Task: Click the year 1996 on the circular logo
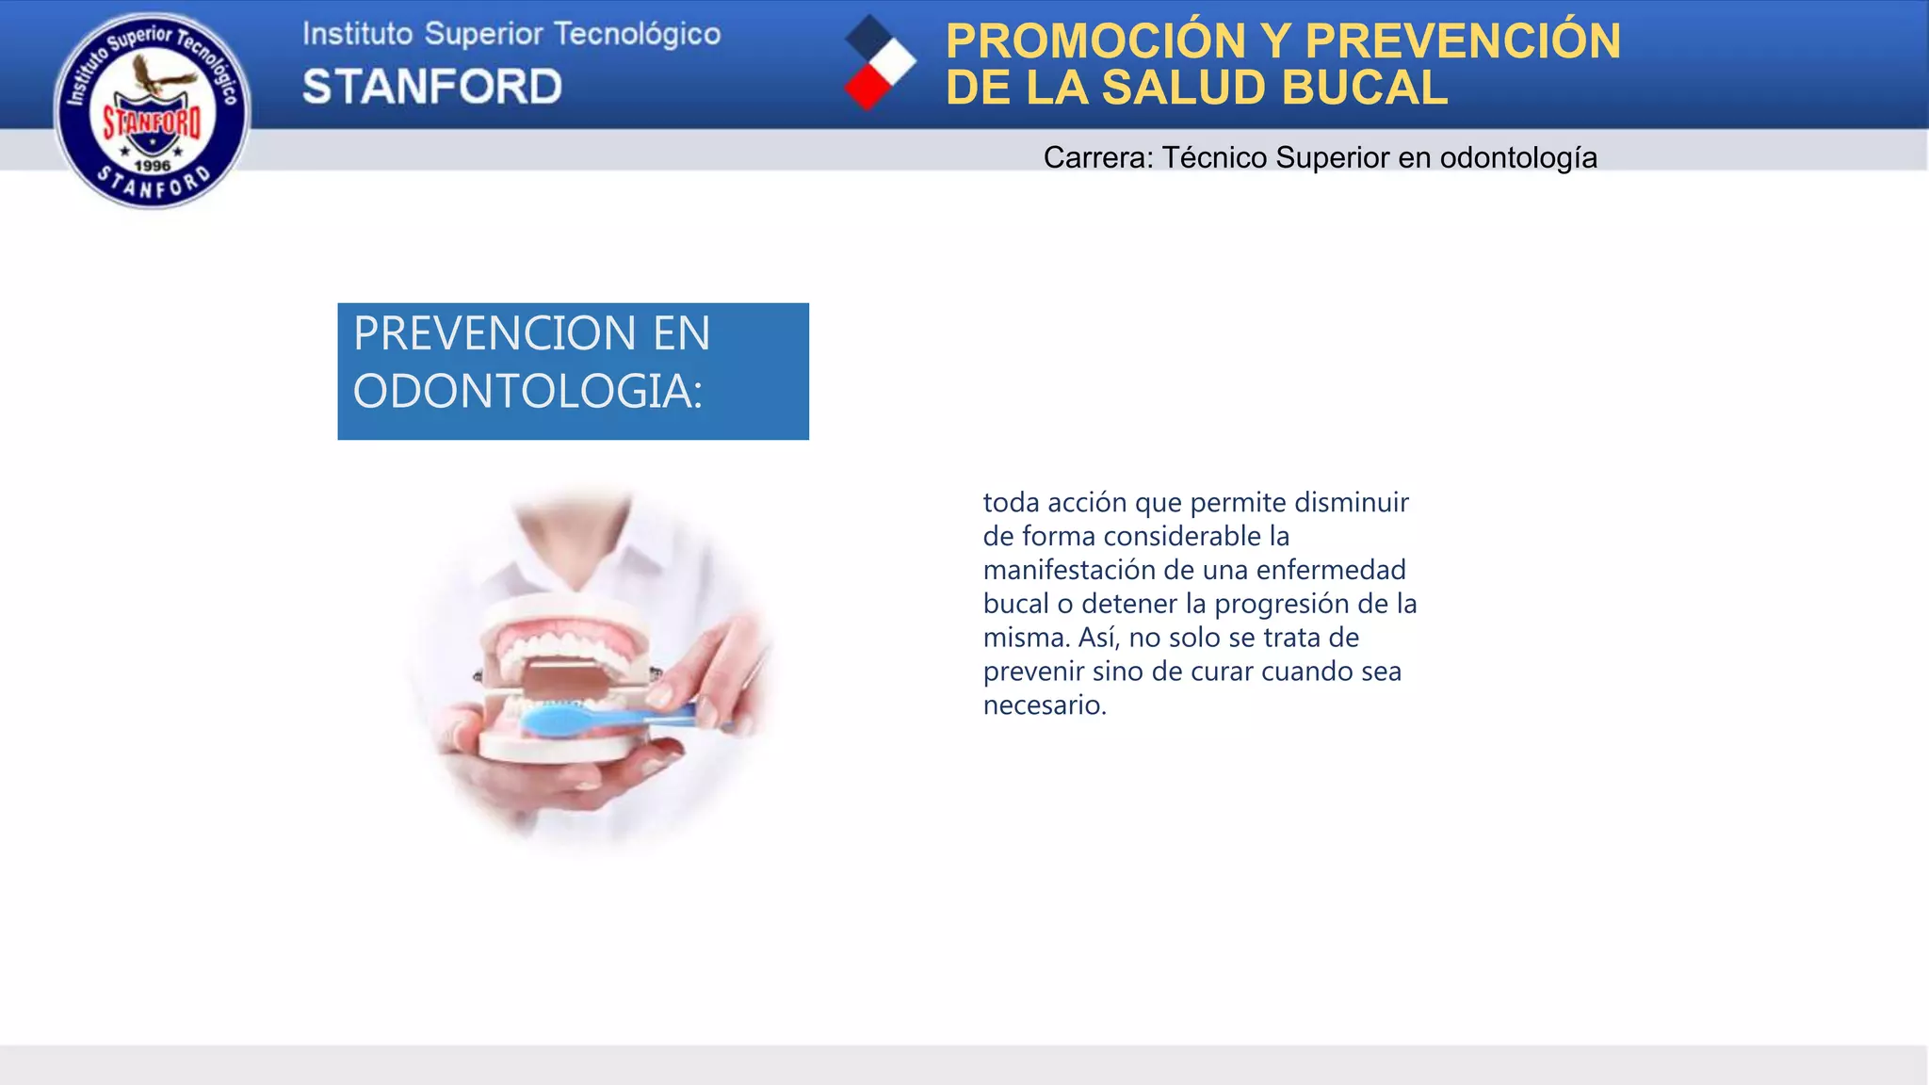(152, 166)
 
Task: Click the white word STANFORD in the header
(432, 87)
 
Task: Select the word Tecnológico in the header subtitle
(637, 34)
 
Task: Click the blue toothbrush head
(556, 721)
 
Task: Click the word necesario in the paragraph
(1043, 705)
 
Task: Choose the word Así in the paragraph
(1098, 638)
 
